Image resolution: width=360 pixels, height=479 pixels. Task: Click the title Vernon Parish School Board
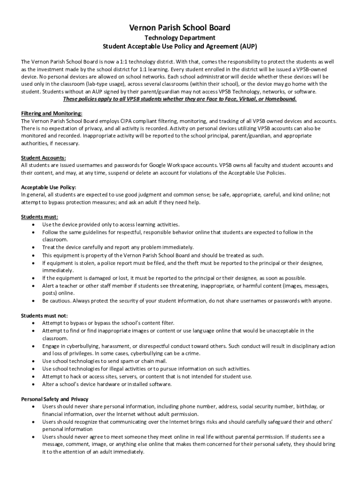(x=180, y=28)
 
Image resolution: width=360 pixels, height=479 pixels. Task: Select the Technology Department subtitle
(x=180, y=38)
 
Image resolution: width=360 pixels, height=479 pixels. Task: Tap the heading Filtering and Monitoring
(x=52, y=114)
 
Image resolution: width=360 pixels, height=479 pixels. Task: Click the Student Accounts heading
(x=43, y=158)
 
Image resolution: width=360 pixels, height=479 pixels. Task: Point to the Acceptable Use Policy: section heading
(x=49, y=187)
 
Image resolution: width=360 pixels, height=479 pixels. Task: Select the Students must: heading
(x=40, y=217)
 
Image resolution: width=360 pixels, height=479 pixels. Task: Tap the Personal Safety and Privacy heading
(x=55, y=399)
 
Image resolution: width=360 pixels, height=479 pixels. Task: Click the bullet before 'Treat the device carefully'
(x=33, y=247)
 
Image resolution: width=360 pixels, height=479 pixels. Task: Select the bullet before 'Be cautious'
(x=33, y=301)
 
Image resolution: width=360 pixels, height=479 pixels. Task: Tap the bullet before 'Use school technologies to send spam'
(x=33, y=361)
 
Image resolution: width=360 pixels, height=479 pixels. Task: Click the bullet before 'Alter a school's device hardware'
(x=33, y=384)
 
